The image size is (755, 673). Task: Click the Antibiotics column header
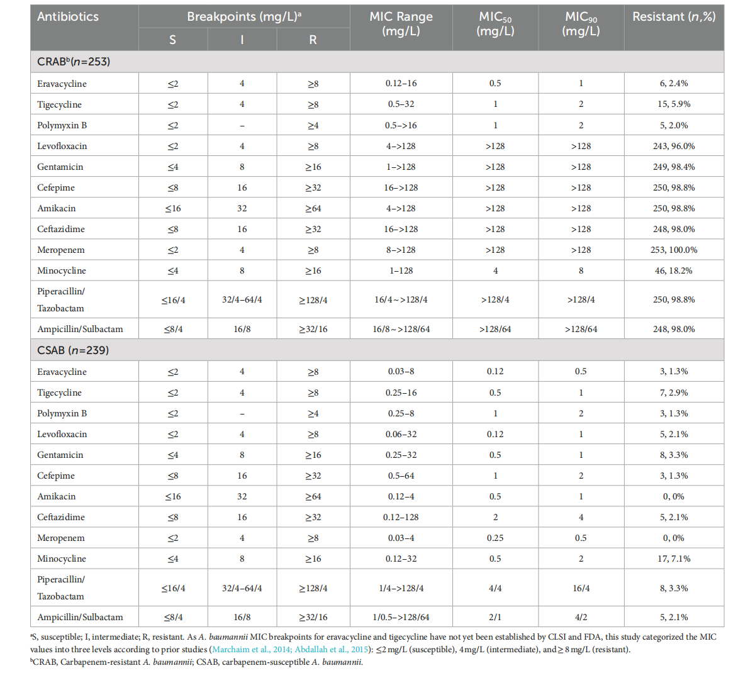point(68,17)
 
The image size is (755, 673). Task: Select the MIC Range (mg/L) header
point(401,24)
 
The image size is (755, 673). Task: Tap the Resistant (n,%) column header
point(674,17)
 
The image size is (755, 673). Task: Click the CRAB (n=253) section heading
point(74,62)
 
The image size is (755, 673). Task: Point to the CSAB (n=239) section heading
point(73,350)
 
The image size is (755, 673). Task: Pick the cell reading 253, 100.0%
point(674,250)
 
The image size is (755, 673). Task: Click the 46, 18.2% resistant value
point(674,270)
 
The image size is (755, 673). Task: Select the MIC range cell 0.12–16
point(401,83)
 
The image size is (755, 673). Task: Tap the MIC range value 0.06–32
point(401,434)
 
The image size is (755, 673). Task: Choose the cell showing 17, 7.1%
point(674,559)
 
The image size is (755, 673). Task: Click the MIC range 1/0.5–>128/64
point(401,617)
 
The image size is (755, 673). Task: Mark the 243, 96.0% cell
point(674,146)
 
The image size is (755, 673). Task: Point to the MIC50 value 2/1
point(495,617)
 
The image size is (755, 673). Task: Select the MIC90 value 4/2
point(581,617)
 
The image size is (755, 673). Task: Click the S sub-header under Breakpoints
point(173,40)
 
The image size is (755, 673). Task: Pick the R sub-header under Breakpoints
point(313,40)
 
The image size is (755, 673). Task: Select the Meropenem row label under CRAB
point(61,250)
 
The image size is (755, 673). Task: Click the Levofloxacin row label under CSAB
point(62,434)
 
